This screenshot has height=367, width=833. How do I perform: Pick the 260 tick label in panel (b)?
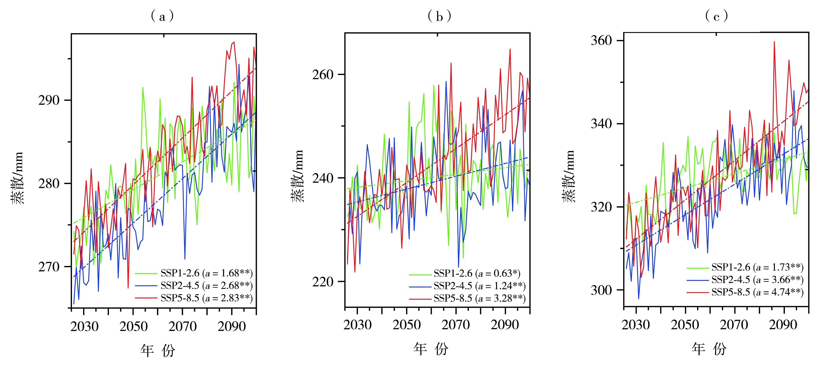[322, 75]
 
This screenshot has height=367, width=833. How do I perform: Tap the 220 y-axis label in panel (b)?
[322, 282]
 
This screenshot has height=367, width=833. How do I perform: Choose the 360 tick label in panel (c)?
[602, 41]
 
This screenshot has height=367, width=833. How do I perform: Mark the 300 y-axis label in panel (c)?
[602, 290]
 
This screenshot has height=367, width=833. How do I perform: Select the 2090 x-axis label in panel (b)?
[505, 325]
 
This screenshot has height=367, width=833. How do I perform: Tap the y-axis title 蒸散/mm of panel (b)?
[297, 176]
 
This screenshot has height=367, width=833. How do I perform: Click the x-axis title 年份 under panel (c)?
[709, 349]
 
